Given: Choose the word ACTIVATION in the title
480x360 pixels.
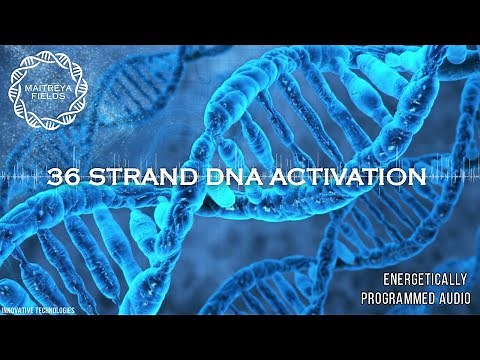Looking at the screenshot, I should pyautogui.click(x=340, y=179).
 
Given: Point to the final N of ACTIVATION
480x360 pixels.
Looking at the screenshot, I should pyautogui.click(x=420, y=179).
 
